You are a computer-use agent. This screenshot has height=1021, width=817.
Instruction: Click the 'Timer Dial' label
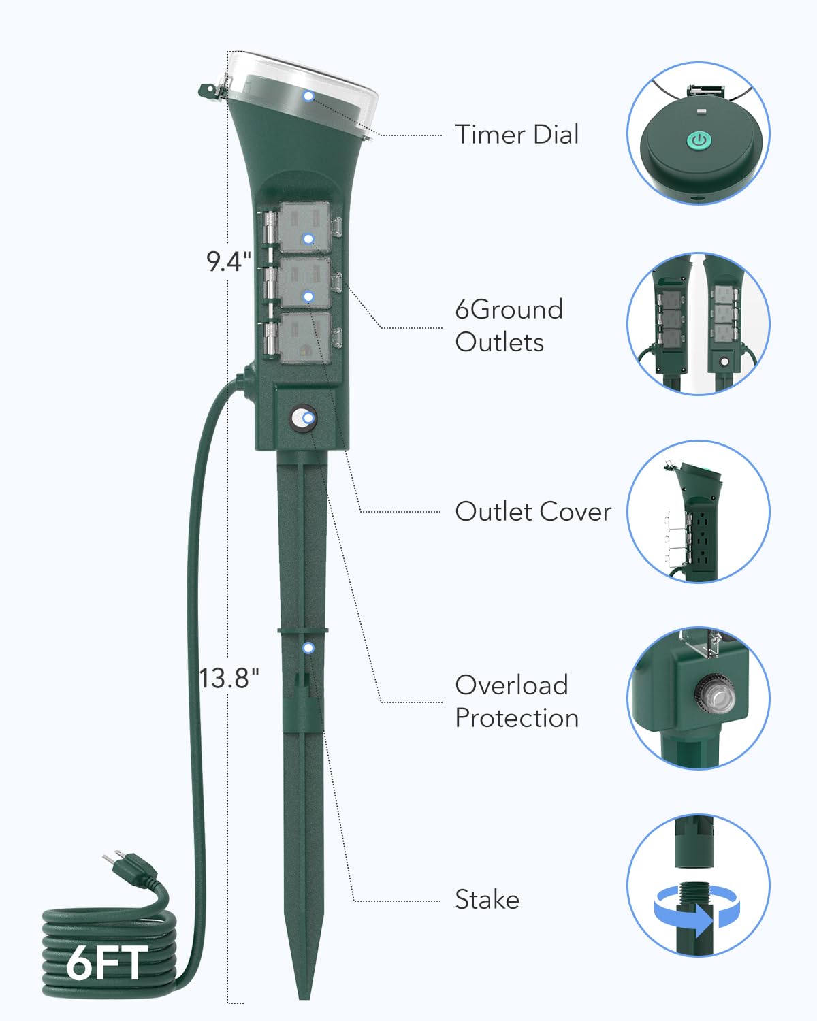coord(517,134)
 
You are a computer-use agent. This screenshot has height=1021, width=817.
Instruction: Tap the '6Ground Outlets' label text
coord(509,325)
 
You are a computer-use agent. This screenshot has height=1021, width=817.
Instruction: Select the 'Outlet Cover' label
coord(533,511)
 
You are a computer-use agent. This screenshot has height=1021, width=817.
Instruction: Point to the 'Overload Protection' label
coord(517,701)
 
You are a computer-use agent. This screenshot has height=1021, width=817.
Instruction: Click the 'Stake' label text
coord(487,899)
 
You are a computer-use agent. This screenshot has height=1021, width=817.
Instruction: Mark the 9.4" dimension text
coord(229,261)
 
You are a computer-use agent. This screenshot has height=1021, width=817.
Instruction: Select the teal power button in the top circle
coord(699,140)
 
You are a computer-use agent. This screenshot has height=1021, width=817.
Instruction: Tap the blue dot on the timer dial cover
coord(308,96)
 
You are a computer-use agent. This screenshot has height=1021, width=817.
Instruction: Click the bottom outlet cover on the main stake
coord(305,337)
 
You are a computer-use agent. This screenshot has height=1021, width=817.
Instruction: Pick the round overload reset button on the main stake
coord(304,419)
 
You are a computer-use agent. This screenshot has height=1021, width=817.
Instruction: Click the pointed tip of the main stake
coord(304,999)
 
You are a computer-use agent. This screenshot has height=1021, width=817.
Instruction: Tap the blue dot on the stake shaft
coord(308,648)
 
